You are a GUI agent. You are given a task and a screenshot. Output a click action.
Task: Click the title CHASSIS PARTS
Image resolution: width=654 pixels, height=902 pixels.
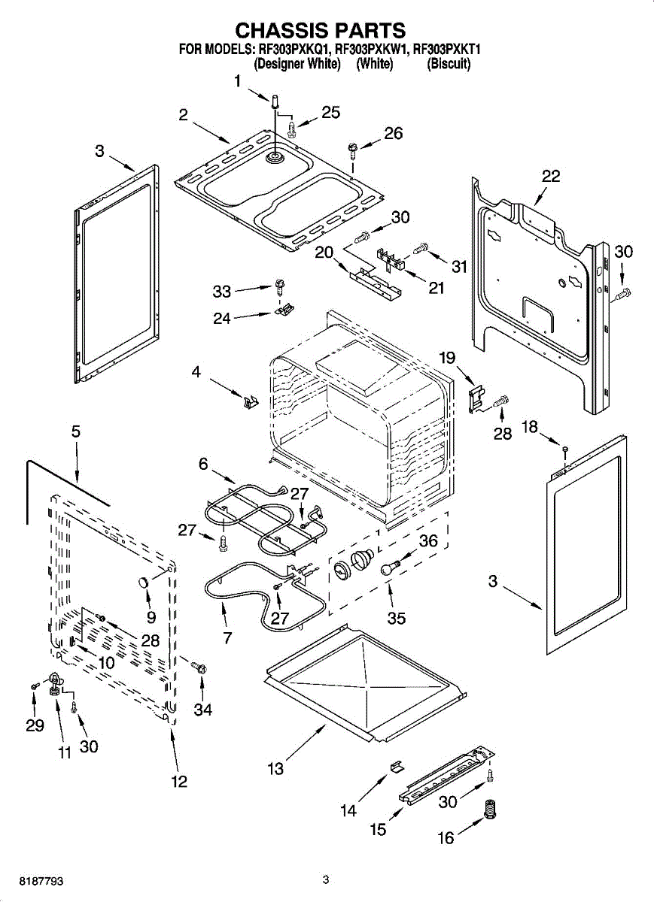click(321, 30)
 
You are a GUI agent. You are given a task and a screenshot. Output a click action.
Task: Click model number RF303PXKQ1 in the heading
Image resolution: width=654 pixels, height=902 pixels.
click(294, 50)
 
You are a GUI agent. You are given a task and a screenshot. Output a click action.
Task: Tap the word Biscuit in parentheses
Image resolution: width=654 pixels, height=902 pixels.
click(449, 65)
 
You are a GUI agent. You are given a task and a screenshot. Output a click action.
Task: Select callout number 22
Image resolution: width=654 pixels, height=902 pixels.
click(551, 177)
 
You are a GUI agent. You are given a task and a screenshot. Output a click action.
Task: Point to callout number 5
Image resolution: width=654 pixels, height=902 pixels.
click(76, 432)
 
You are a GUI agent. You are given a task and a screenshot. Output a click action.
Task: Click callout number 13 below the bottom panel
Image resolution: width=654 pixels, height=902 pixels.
click(275, 767)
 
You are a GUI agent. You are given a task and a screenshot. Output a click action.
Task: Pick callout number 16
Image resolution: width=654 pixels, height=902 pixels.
click(446, 837)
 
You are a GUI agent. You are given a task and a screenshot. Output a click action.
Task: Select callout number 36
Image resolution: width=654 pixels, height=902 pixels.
click(427, 540)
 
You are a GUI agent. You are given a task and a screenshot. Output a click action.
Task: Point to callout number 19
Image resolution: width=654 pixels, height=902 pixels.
click(448, 359)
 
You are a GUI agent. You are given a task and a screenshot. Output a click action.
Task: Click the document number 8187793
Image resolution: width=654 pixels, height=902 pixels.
click(26, 879)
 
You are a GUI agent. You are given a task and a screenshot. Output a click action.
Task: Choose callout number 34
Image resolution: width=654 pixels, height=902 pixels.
click(202, 709)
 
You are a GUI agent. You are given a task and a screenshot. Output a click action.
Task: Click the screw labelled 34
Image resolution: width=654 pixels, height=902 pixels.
click(199, 666)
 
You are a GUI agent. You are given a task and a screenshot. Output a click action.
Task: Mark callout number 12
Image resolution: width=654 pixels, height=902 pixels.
click(178, 782)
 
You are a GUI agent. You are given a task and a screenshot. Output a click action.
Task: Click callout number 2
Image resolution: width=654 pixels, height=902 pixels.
click(183, 115)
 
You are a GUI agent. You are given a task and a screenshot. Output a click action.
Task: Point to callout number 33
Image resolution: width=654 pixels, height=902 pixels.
click(222, 291)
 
